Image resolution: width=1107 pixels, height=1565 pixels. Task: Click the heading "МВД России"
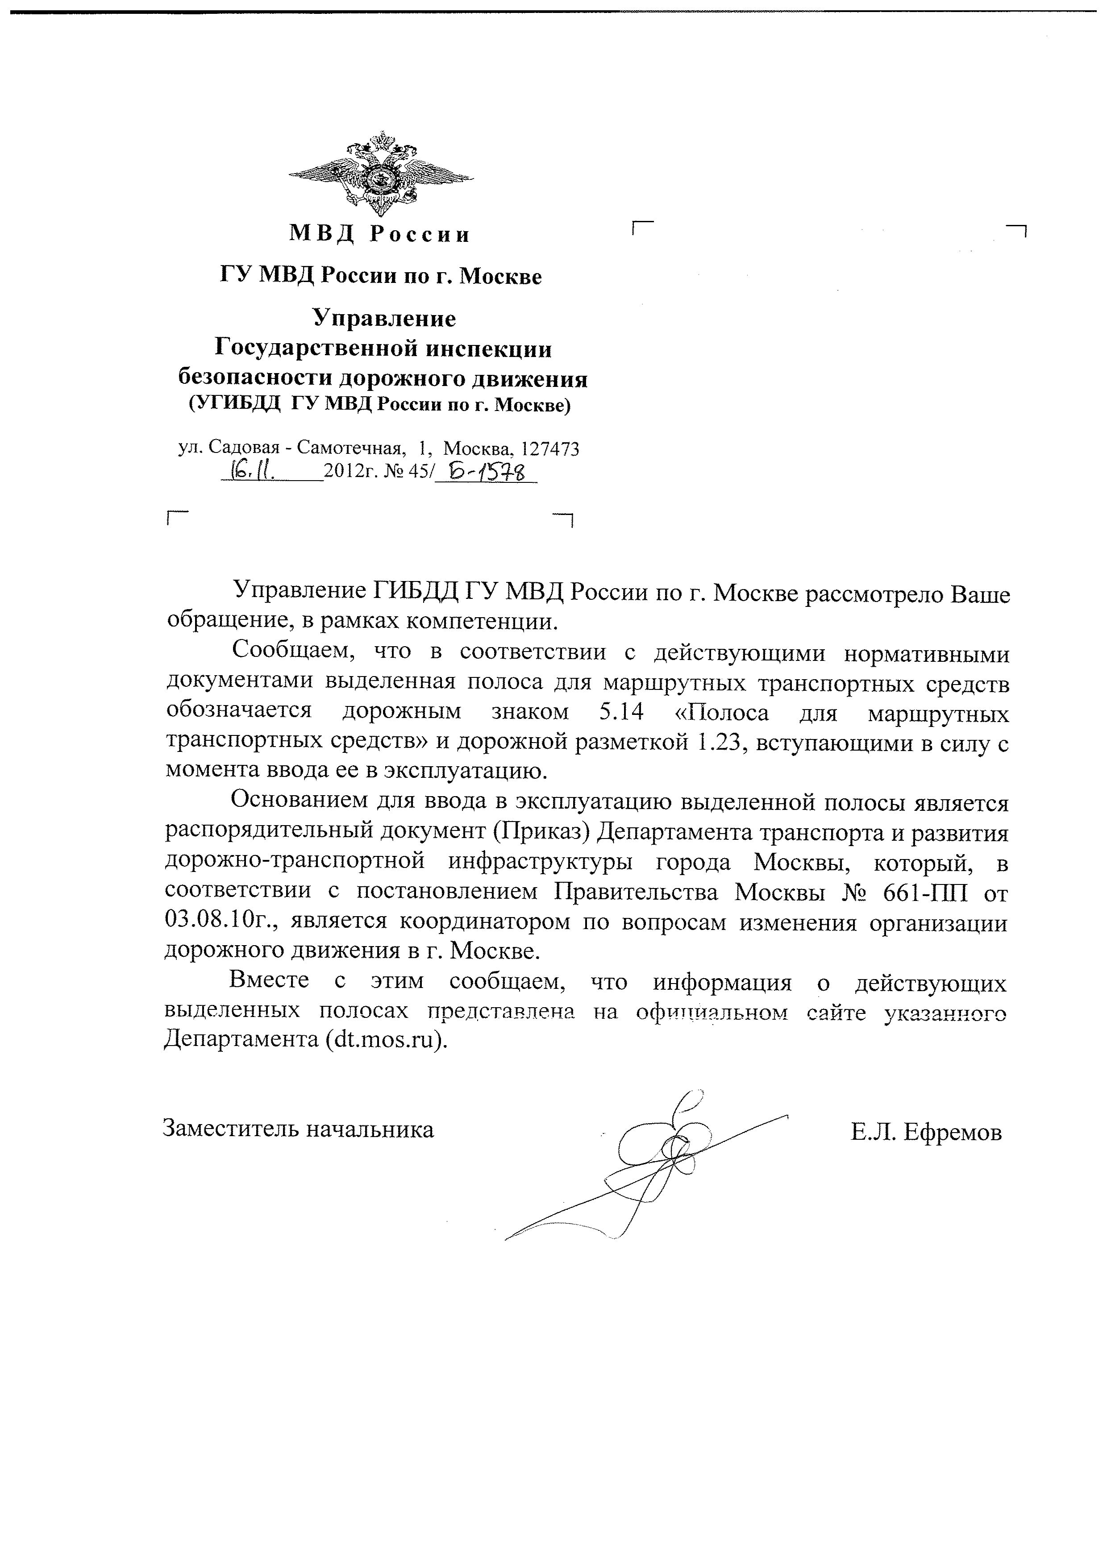380,234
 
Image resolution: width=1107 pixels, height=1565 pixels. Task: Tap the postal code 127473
549,449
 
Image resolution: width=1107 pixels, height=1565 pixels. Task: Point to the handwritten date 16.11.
253,469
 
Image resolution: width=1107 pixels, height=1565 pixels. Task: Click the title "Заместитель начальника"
298,1129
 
